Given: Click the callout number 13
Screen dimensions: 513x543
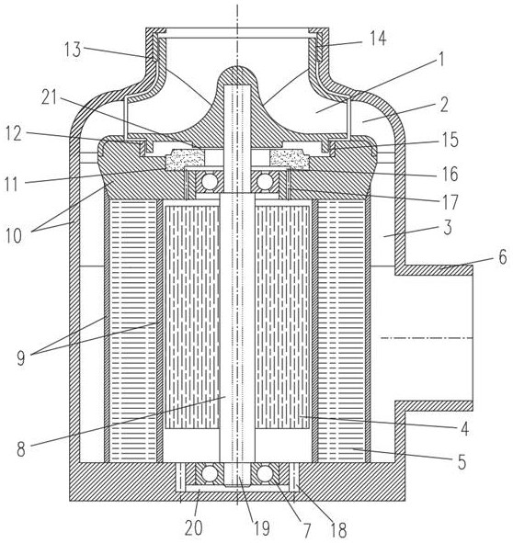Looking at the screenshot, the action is pyautogui.click(x=73, y=50).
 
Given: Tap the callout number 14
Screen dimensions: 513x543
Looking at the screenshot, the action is pyautogui.click(x=378, y=38).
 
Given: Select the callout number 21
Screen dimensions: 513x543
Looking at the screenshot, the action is pyautogui.click(x=49, y=98).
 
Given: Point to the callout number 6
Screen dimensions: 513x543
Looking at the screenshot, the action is pyautogui.click(x=503, y=257).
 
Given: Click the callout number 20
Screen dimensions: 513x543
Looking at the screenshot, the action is pyautogui.click(x=193, y=528).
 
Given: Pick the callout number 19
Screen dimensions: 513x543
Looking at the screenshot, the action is pyautogui.click(x=261, y=528).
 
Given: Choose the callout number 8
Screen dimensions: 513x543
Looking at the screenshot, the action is pyautogui.click(x=21, y=450).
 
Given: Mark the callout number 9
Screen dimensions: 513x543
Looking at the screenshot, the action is pyautogui.click(x=21, y=358).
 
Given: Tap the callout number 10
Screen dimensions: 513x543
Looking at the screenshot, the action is pyautogui.click(x=14, y=236).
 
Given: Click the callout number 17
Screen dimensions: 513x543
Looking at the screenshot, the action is pyautogui.click(x=450, y=202).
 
